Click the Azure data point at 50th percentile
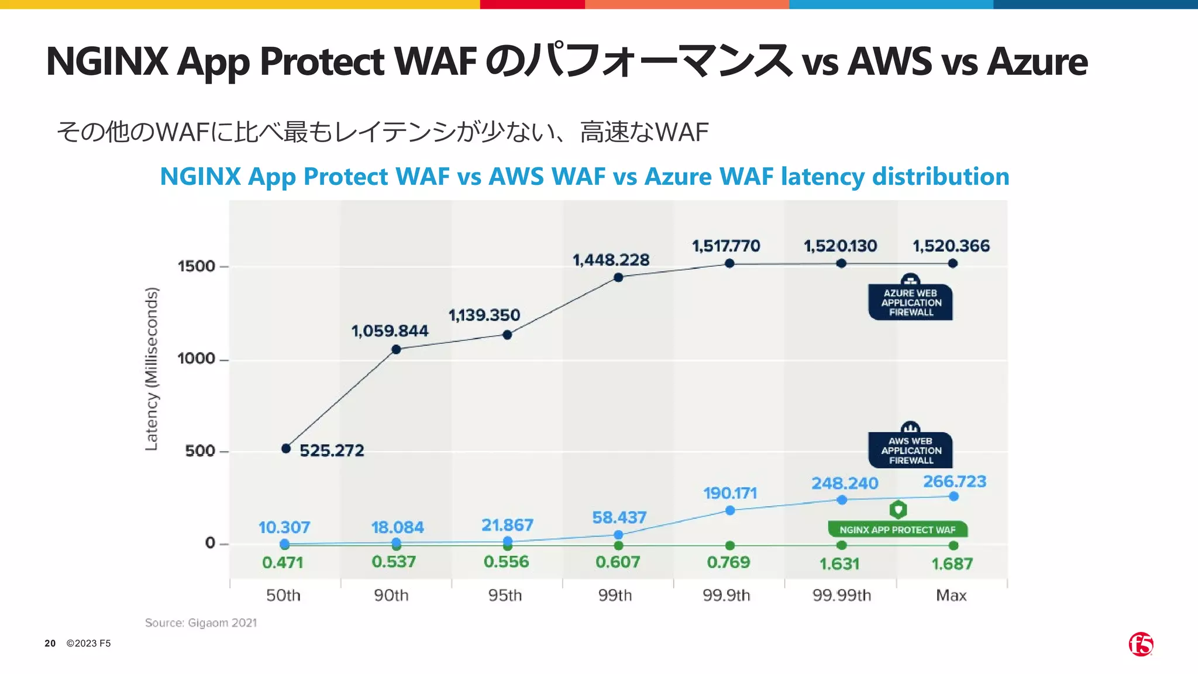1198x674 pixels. pyautogui.click(x=286, y=449)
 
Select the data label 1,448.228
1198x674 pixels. pyautogui.click(x=611, y=260)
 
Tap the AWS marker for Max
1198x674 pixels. pyautogui.click(x=953, y=496)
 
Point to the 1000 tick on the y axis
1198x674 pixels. pyautogui.click(x=197, y=359)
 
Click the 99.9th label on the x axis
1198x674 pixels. pyautogui.click(x=726, y=596)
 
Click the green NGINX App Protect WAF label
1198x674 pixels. pyautogui.click(x=897, y=529)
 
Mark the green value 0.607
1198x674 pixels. pyautogui.click(x=618, y=562)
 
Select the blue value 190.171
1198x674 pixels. pyautogui.click(x=730, y=493)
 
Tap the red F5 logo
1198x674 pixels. pyautogui.click(x=1141, y=644)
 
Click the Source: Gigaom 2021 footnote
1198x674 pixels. pyautogui.click(x=201, y=623)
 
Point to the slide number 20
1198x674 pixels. pyautogui.click(x=50, y=644)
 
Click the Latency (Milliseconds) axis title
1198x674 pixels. pyautogui.click(x=152, y=369)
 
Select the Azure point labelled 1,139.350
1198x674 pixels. pyautogui.click(x=507, y=335)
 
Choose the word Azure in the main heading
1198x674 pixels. pyautogui.click(x=1037, y=61)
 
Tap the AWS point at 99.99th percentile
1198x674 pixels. pyautogui.click(x=842, y=500)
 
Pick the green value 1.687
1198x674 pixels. pyautogui.click(x=952, y=564)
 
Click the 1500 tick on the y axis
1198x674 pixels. pyautogui.click(x=197, y=266)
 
